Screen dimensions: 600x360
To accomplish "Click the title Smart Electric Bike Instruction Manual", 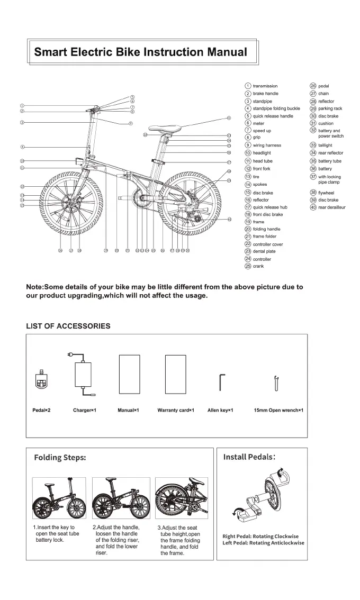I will pyautogui.click(x=140, y=52).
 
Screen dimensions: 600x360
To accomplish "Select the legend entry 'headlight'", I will pyautogui.click(x=262, y=153).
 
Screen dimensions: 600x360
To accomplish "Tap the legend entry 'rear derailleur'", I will pyautogui.click(x=331, y=207).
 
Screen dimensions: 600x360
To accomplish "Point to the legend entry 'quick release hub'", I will pyautogui.click(x=269, y=207).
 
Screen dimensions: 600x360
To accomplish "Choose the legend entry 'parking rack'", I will pyautogui.click(x=330, y=108).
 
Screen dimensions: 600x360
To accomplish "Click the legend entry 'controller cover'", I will pyautogui.click(x=268, y=244).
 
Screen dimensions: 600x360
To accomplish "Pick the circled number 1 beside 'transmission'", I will pyautogui.click(x=248, y=86).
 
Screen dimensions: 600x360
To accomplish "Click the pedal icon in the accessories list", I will pyautogui.click(x=40, y=380).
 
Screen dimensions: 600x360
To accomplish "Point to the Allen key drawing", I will pyautogui.click(x=222, y=381).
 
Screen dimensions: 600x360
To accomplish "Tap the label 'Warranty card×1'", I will pyautogui.click(x=176, y=410).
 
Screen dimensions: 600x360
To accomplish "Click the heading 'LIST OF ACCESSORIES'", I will pyautogui.click(x=68, y=326).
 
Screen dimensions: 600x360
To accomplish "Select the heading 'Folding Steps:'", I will pyautogui.click(x=60, y=457).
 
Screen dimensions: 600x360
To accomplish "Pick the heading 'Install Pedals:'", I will pyautogui.click(x=249, y=457).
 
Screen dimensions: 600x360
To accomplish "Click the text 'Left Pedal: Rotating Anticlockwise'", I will pyautogui.click(x=263, y=543).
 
